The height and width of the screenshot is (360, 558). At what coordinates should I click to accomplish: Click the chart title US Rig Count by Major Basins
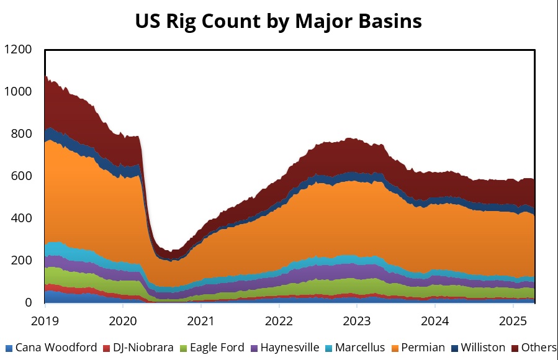[x=279, y=20]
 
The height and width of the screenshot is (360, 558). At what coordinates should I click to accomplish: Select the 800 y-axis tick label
[x=22, y=133]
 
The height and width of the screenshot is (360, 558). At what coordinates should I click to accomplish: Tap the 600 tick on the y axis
[x=22, y=176]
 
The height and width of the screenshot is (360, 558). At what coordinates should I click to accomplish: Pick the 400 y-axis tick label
[x=22, y=218]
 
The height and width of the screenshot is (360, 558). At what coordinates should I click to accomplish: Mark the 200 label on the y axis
[x=22, y=261]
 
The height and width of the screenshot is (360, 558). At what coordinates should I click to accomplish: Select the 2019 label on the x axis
[x=45, y=322]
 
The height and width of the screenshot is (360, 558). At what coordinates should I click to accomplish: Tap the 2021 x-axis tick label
[x=200, y=322]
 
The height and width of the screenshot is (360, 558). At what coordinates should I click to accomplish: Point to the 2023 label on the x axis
[x=357, y=322]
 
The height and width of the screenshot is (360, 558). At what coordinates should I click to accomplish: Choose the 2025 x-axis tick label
[x=513, y=322]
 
